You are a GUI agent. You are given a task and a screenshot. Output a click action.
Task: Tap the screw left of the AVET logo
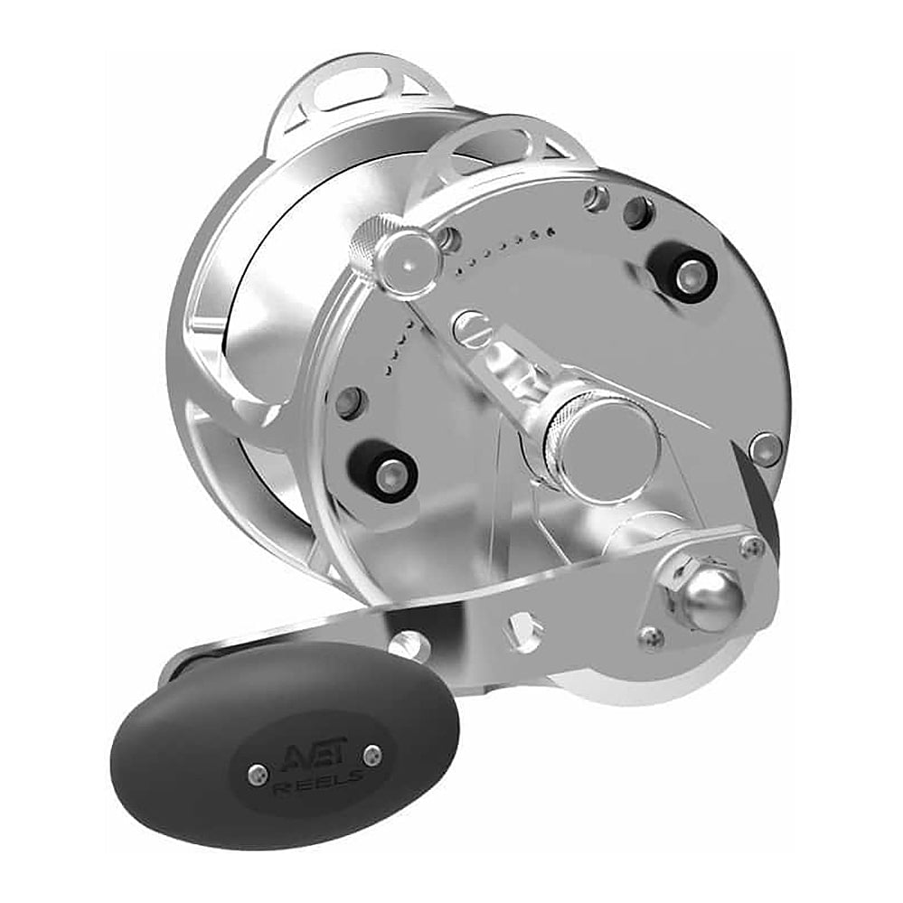click(x=258, y=775)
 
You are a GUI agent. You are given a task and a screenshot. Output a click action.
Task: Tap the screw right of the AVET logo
click(x=373, y=754)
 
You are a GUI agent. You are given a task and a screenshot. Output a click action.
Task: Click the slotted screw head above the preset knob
click(x=472, y=328)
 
